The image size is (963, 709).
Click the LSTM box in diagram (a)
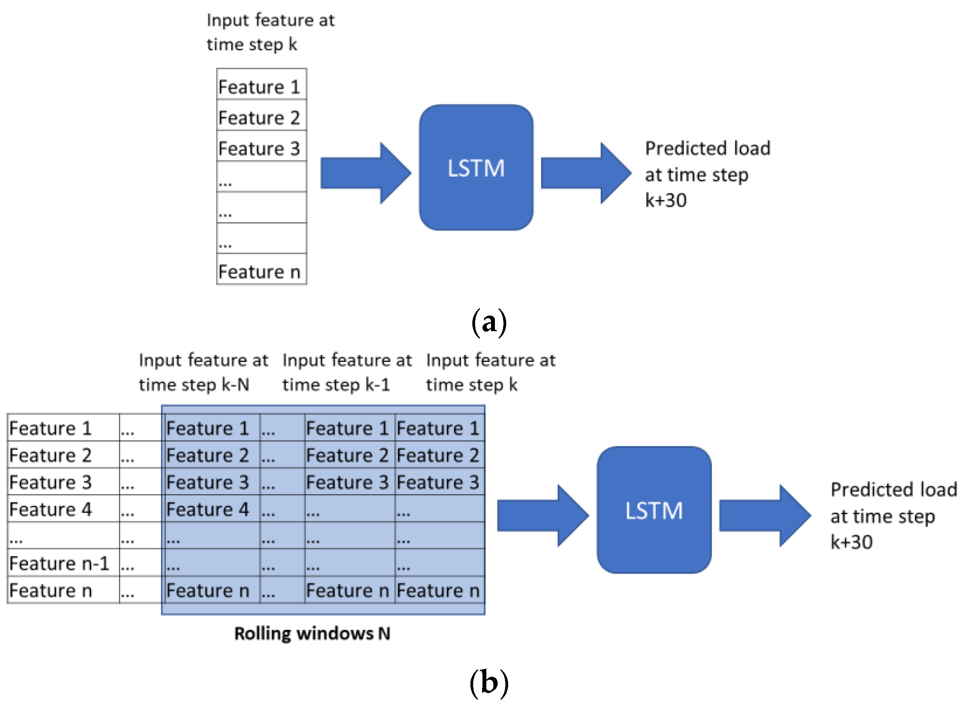475,167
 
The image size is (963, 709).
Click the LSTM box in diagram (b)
654,510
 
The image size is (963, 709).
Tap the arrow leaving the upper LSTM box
585,173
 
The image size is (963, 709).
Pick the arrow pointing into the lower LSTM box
542,516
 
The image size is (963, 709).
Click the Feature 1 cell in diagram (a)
261,87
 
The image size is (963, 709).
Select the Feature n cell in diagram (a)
261,271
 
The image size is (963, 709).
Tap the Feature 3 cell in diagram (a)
261,149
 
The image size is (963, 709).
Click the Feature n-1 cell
60,563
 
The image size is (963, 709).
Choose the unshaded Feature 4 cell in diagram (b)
51,509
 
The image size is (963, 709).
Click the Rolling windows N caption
312,634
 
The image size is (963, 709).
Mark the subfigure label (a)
488,322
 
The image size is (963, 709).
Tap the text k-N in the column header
235,384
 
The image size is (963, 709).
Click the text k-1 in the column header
378,384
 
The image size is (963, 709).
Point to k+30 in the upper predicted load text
666,200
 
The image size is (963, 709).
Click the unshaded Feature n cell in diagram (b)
51,590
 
